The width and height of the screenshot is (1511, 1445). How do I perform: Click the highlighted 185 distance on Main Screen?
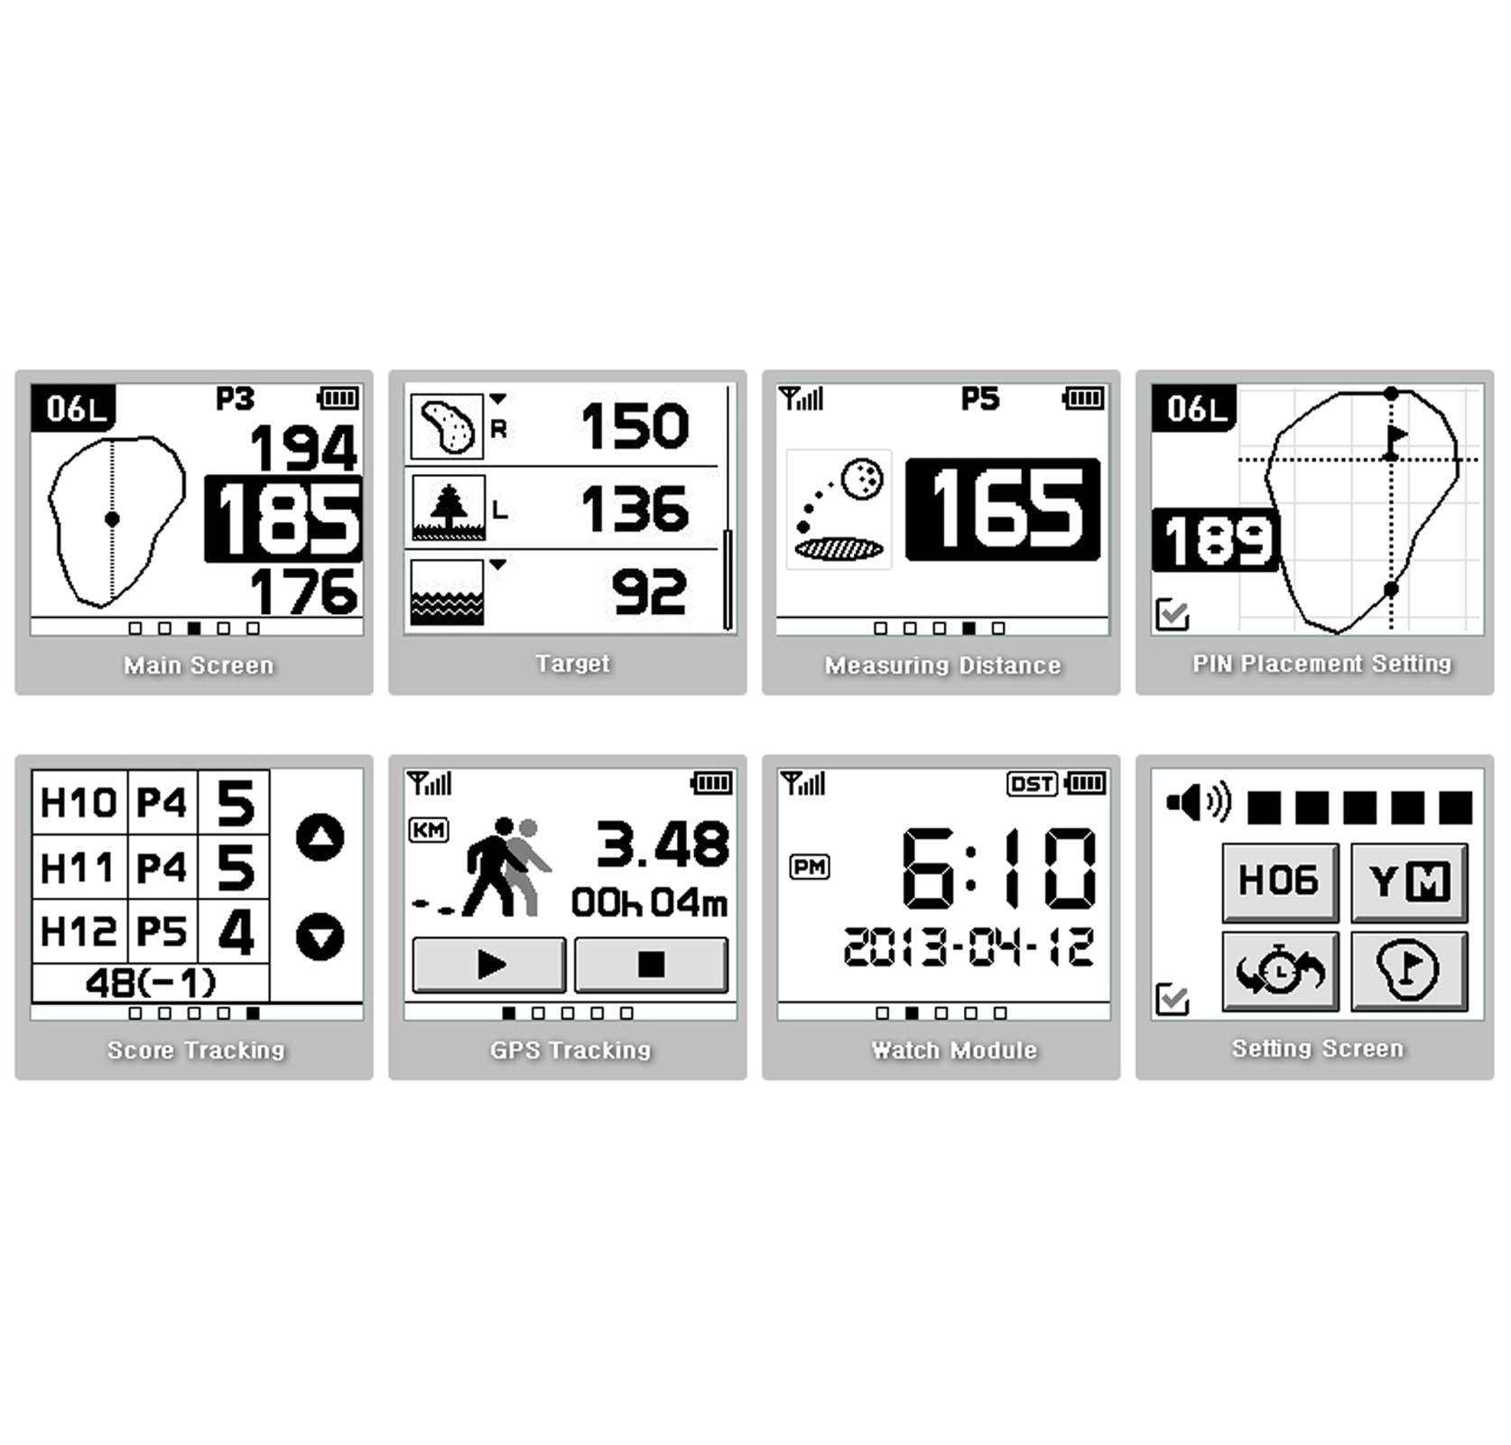tap(283, 519)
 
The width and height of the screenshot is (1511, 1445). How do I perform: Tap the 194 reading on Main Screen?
tap(303, 448)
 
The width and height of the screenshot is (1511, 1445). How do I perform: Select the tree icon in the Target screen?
tap(449, 508)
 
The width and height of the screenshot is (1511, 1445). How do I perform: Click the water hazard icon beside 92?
tap(447, 592)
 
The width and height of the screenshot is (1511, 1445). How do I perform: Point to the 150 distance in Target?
tap(635, 425)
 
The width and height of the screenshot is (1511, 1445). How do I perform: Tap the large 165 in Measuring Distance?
tap(1003, 509)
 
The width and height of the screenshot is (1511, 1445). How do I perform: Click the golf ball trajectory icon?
tap(839, 509)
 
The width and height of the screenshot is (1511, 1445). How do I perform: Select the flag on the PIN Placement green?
tap(1395, 441)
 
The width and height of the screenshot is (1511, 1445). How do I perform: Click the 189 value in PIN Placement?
tap(1217, 540)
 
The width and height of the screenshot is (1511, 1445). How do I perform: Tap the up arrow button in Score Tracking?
tap(320, 837)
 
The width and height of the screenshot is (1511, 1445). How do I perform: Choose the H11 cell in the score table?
tap(79, 868)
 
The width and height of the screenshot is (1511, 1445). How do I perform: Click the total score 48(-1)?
tap(151, 983)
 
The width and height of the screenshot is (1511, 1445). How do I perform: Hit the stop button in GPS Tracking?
tap(651, 965)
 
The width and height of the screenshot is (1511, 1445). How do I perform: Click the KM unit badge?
tap(429, 829)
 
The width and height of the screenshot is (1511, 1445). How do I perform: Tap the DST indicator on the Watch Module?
tap(1032, 783)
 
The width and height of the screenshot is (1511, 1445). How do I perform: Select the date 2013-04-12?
tap(969, 947)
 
